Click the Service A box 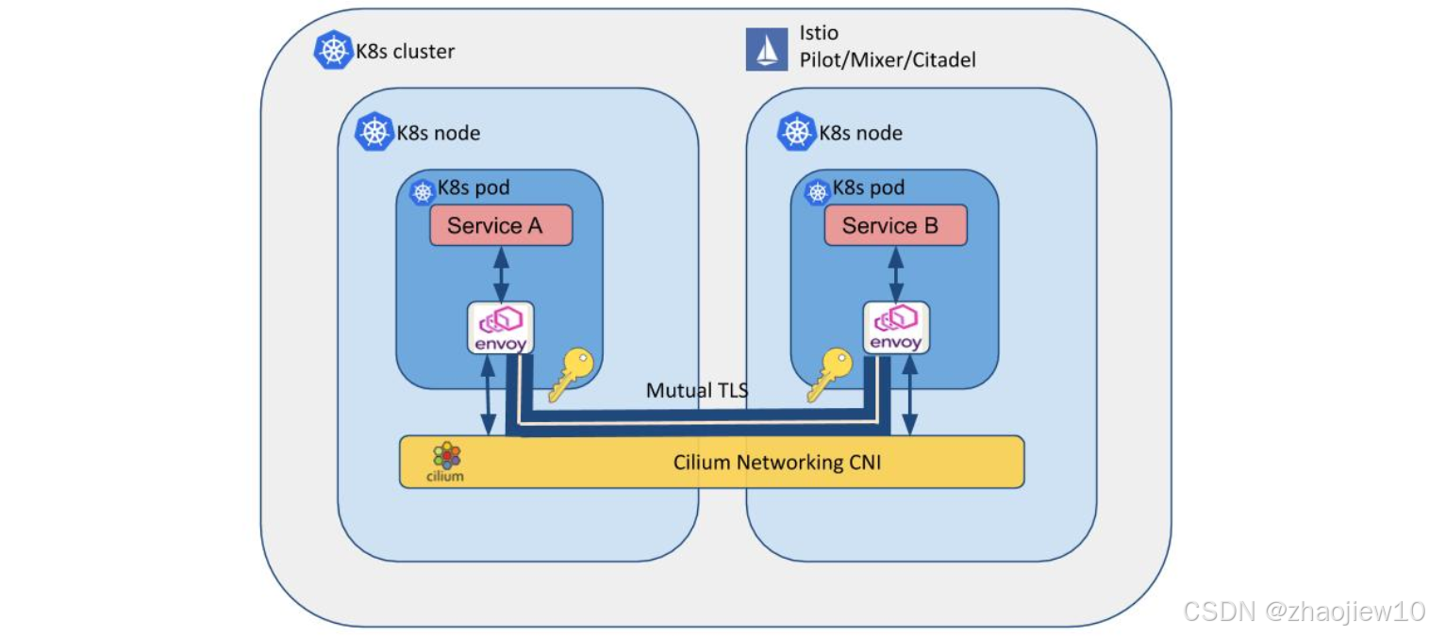coord(501,226)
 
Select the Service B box coord(895,226)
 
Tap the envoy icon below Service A coord(501,328)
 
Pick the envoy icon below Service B coord(895,328)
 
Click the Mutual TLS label coord(697,390)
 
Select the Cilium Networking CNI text coord(776,462)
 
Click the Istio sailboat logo coord(767,49)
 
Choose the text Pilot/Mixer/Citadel coord(888,60)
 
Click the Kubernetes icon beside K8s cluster coord(333,50)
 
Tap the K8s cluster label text coord(405,51)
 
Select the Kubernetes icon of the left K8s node coord(374,133)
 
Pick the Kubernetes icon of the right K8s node coord(796,133)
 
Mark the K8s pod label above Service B coord(868,188)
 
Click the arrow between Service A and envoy coord(501,273)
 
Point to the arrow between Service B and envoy coord(895,273)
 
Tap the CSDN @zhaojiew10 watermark coord(1304,611)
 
